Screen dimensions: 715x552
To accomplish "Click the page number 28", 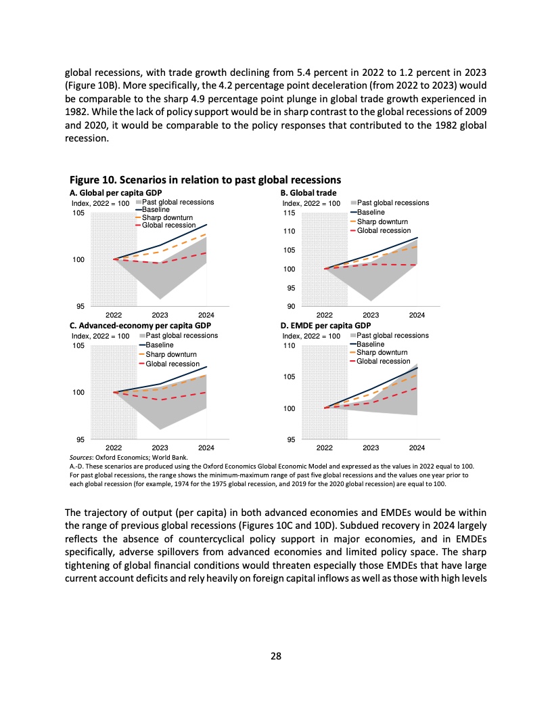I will pos(275,655).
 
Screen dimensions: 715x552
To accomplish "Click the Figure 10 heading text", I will pos(205,180).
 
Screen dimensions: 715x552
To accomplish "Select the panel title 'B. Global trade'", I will pos(308,193).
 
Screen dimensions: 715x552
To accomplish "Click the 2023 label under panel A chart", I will pos(160,315).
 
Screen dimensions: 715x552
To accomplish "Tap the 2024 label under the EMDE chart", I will pos(417,448).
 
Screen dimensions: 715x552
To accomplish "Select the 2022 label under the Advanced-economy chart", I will pos(114,448).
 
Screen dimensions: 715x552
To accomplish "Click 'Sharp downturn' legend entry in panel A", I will pos(168,217).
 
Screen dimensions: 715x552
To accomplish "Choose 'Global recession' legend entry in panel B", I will pos(384,231).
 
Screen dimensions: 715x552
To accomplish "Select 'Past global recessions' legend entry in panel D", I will pos(392,336).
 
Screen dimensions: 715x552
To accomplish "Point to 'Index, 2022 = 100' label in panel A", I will pos(100,203).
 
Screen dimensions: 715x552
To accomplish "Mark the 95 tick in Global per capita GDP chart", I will pos(80,306).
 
